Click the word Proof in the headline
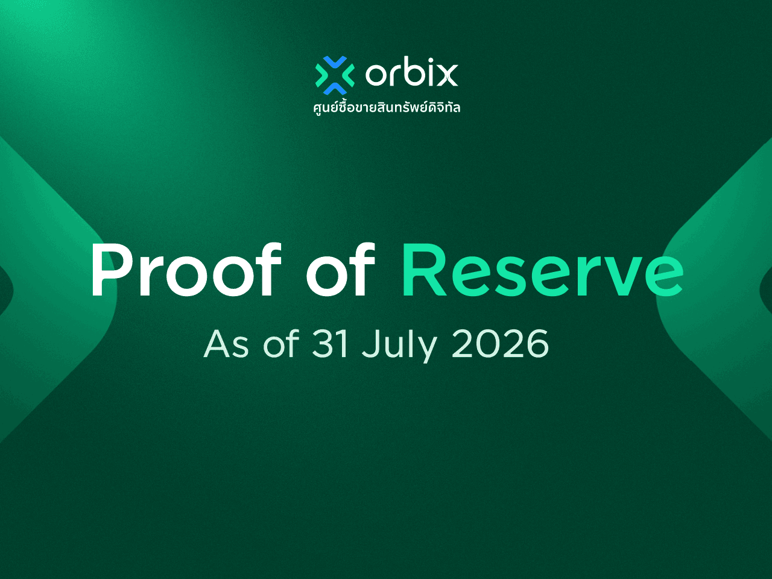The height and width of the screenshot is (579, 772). point(186,269)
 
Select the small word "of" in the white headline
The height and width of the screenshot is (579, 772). point(341,269)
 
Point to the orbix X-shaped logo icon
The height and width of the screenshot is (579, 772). point(335,75)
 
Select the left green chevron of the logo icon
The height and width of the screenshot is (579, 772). point(321,75)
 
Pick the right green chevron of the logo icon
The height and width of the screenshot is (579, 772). point(348,75)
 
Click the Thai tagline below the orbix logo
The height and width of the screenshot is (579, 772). point(387,107)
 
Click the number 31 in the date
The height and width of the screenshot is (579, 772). point(331,344)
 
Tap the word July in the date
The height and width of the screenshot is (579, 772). point(399,346)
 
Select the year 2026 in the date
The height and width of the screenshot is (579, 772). point(500,344)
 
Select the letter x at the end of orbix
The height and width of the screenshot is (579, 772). point(448,75)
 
